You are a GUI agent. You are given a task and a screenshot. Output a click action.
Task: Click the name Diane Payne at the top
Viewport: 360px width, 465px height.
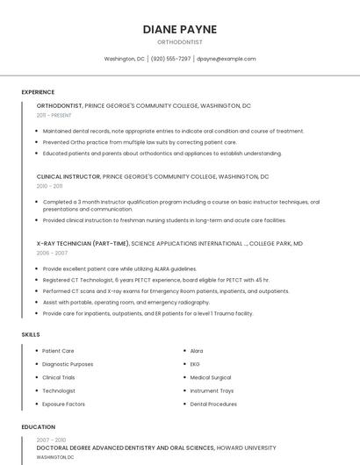click(x=179, y=29)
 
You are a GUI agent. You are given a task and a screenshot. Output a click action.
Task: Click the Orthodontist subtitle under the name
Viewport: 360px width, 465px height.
click(x=179, y=42)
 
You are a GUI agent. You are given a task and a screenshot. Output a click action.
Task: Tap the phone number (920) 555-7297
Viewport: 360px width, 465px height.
click(x=170, y=59)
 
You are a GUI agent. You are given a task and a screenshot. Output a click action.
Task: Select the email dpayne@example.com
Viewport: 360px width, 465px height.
click(x=226, y=59)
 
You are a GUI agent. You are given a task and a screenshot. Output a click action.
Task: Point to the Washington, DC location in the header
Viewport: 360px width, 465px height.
click(x=125, y=59)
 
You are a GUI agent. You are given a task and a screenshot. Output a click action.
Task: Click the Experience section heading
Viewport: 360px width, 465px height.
click(x=38, y=92)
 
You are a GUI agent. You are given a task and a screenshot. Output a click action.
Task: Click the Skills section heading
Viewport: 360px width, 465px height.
click(x=31, y=334)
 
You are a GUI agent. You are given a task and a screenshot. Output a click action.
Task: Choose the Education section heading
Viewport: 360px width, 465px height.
click(x=39, y=427)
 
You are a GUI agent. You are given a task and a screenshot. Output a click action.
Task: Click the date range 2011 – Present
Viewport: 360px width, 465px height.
click(x=54, y=115)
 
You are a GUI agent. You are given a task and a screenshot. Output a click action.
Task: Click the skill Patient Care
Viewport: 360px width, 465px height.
click(x=58, y=351)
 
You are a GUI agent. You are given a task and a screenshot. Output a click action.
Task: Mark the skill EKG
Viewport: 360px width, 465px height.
click(x=195, y=364)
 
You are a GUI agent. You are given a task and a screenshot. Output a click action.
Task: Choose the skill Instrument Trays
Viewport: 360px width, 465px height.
click(x=212, y=390)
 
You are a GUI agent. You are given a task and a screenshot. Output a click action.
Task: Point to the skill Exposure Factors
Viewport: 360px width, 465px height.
click(x=63, y=404)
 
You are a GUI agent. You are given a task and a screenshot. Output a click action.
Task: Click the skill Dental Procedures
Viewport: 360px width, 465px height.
click(x=213, y=404)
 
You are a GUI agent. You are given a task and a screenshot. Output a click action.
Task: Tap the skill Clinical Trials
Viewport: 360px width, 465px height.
click(x=59, y=377)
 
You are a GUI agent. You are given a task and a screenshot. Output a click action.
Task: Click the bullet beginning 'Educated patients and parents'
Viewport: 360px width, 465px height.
click(x=162, y=154)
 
